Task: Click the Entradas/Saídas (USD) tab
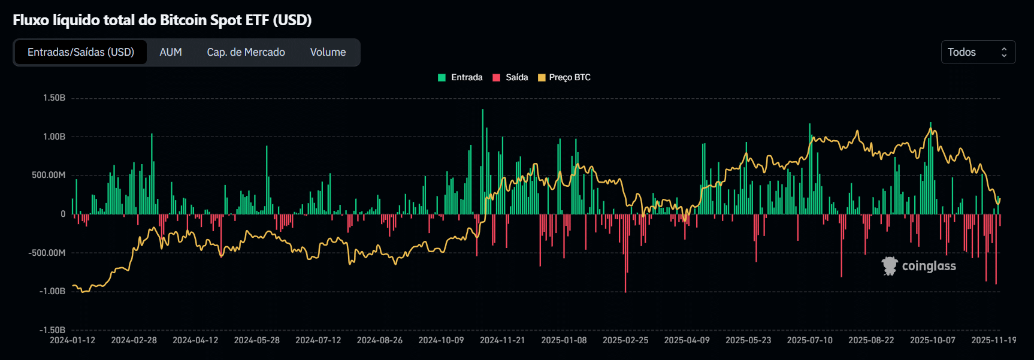tap(81, 52)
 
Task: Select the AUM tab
tap(171, 52)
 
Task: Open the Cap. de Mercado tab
tap(246, 52)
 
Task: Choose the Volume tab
tap(328, 52)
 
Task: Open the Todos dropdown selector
tap(978, 52)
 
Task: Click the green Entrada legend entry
tap(460, 77)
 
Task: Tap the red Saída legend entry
tap(510, 77)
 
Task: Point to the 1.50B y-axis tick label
tap(54, 98)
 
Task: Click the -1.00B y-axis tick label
tap(53, 291)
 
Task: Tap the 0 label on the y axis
tap(63, 214)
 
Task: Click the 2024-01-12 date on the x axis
tap(72, 340)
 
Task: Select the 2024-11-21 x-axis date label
tap(502, 340)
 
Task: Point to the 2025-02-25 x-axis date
tap(625, 340)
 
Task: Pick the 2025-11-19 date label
tap(993, 340)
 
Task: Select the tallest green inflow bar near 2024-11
tap(483, 162)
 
